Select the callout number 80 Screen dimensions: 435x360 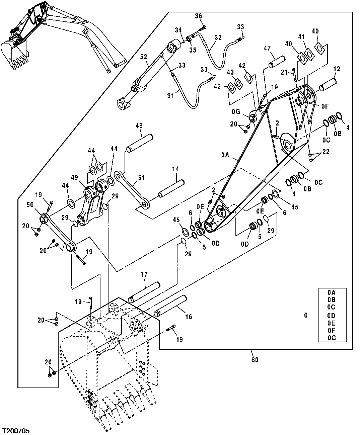click(x=255, y=360)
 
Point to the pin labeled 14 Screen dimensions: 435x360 click(x=172, y=188)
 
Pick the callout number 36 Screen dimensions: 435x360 click(x=198, y=16)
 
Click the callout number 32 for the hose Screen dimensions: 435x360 click(x=218, y=37)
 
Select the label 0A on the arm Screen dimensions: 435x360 click(x=226, y=155)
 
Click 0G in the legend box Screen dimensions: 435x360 click(x=332, y=338)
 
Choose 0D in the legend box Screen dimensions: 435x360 click(x=332, y=315)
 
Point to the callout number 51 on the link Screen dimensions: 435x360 click(x=141, y=178)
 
